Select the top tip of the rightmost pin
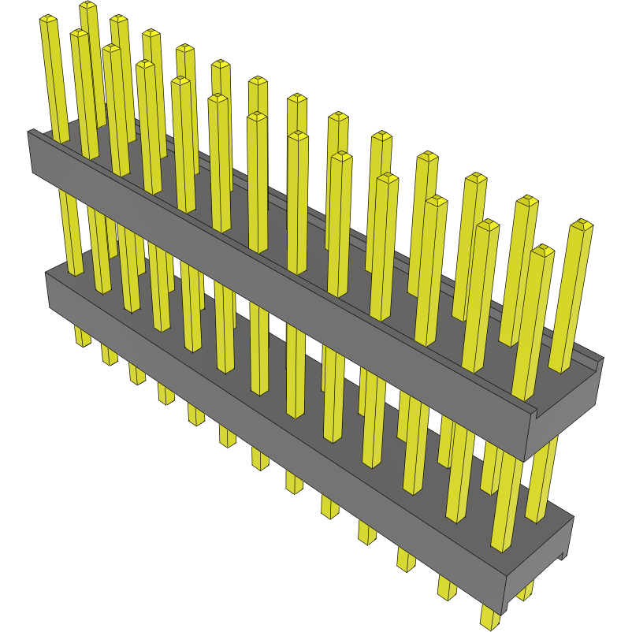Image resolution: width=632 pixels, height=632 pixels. point(582,225)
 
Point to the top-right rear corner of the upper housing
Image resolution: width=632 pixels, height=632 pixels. point(602,359)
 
